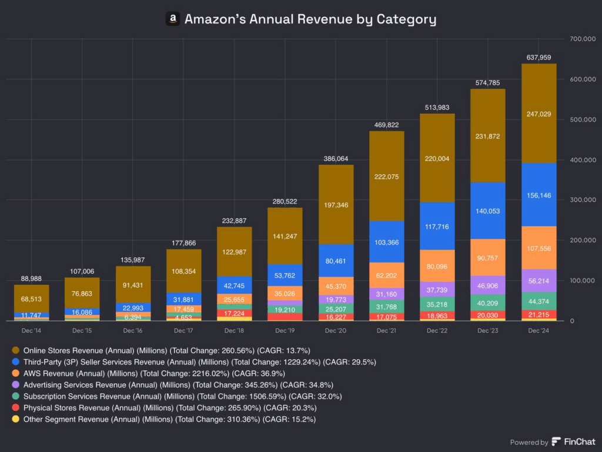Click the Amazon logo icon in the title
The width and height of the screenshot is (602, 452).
(x=172, y=19)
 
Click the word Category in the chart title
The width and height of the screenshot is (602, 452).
(x=407, y=19)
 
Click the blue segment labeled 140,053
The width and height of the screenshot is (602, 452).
(x=487, y=211)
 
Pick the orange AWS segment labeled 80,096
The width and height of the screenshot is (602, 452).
(x=437, y=265)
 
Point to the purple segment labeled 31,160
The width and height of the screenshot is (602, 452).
(x=386, y=294)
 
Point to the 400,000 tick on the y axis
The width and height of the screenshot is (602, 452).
(x=583, y=160)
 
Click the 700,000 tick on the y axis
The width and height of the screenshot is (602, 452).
(x=583, y=39)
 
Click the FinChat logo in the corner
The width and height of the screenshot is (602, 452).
(x=573, y=442)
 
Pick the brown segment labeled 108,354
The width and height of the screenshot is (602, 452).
(x=184, y=272)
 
